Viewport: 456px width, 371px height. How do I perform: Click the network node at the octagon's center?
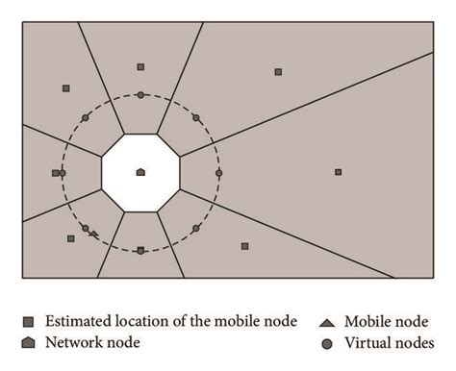pos(140,172)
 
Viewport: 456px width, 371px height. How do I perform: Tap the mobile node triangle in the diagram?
pos(93,234)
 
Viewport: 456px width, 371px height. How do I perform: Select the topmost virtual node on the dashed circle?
pos(140,94)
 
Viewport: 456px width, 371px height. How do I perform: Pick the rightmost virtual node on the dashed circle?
pos(218,173)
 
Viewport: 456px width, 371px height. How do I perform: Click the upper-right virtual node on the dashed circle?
pos(195,118)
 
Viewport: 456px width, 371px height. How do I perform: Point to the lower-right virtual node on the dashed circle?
pos(195,228)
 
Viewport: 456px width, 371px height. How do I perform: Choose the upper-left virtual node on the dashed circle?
pos(86,117)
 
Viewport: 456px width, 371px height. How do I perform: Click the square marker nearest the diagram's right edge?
pos(338,172)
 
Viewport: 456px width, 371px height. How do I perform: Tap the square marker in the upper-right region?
pos(278,71)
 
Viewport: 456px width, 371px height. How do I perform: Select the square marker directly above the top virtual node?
pos(140,67)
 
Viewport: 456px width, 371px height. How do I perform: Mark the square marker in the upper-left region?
pos(65,87)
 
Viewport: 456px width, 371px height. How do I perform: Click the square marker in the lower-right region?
pos(244,246)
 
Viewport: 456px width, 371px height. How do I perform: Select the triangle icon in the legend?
pos(327,321)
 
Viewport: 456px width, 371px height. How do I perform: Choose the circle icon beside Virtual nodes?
pos(327,342)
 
